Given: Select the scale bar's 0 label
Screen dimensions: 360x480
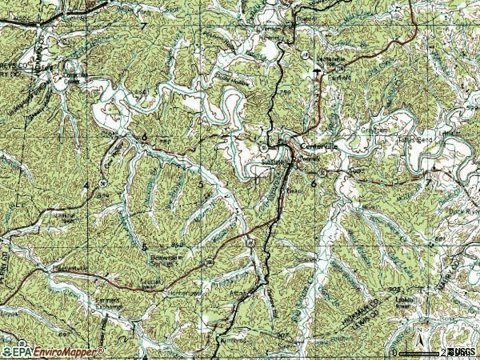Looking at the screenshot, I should (394, 352).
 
